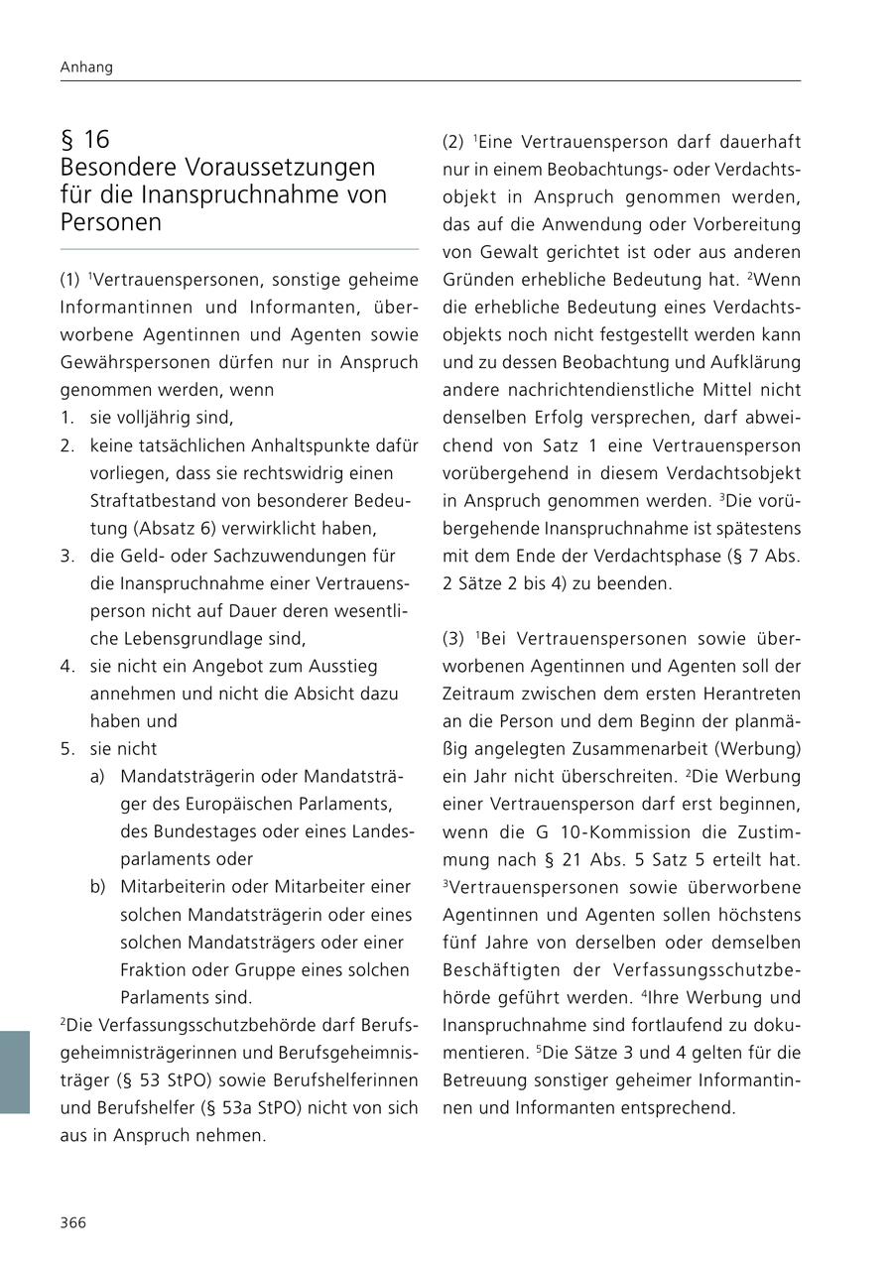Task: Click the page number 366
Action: (73, 1222)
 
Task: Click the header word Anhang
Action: (86, 67)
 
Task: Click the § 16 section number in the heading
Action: (85, 139)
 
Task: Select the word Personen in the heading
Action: (110, 222)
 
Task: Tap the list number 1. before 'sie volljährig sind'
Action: (67, 418)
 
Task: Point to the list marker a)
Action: (97, 776)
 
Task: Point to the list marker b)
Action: (97, 886)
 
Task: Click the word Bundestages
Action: (217, 831)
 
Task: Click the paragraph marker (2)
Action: (453, 142)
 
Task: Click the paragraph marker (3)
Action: (453, 638)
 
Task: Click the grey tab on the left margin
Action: (15, 1072)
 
